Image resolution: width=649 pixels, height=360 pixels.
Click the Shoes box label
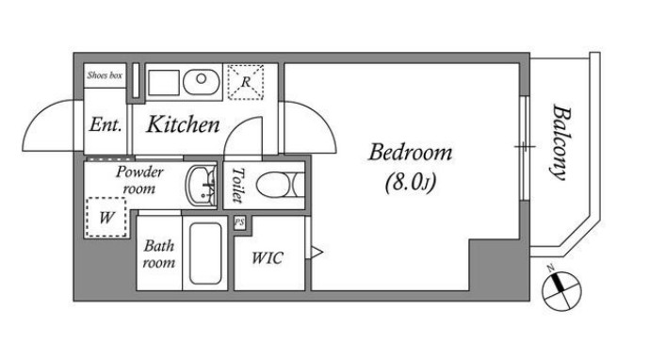(105, 75)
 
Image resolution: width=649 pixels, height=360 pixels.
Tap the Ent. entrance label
(105, 124)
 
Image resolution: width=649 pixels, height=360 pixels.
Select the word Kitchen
(183, 124)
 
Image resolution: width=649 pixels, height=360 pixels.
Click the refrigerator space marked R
(246, 82)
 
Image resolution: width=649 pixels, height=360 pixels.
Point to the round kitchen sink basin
(202, 82)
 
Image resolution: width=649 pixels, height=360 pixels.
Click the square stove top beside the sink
(164, 82)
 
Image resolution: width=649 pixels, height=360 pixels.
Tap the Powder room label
(139, 180)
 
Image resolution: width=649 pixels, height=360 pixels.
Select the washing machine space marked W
(105, 217)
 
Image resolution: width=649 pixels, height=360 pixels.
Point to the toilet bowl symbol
(280, 185)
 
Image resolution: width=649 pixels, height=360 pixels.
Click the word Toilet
(237, 185)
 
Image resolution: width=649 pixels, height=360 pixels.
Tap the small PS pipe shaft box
(239, 222)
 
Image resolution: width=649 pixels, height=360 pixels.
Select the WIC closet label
(268, 258)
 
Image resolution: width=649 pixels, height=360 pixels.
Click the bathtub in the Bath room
(205, 254)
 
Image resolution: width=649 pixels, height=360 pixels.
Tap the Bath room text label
(159, 254)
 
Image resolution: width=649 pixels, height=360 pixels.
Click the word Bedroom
(410, 153)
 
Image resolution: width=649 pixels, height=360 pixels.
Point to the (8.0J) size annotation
(410, 182)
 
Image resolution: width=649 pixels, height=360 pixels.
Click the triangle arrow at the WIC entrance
(316, 252)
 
